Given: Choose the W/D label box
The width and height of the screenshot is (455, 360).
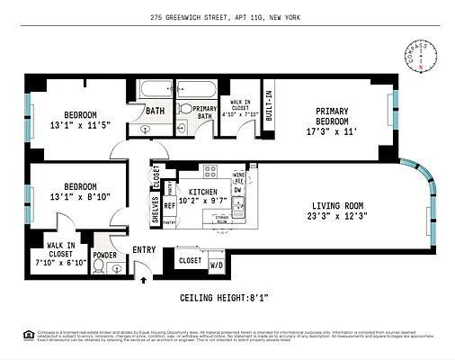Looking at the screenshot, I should [x=217, y=265].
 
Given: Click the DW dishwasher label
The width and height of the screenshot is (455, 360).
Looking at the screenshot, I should [x=239, y=190].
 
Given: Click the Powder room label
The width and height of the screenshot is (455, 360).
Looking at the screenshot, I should [x=105, y=255].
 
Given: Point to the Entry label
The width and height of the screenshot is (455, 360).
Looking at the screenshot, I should [x=144, y=249].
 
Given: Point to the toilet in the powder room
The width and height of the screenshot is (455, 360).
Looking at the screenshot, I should [x=99, y=267].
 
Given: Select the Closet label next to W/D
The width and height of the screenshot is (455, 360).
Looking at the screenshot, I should [x=190, y=260].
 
